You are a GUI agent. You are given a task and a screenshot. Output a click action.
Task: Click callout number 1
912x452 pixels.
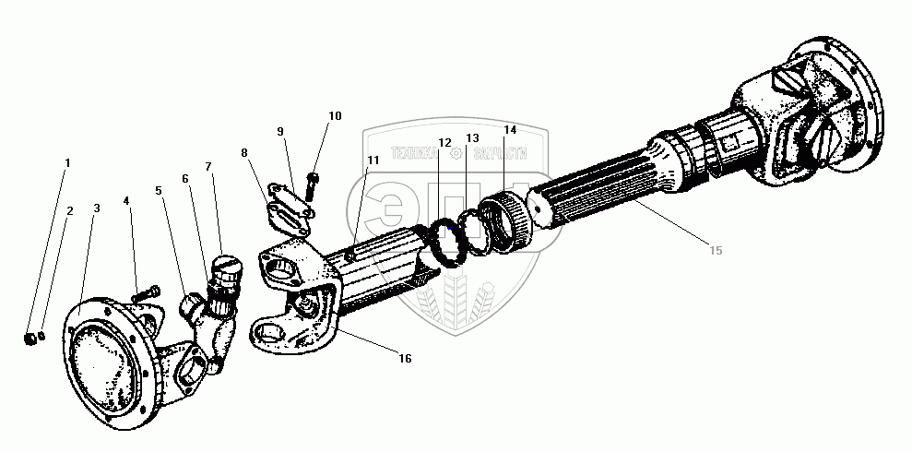coord(66,163)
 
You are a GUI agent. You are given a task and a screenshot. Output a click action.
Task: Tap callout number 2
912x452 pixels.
coord(69,210)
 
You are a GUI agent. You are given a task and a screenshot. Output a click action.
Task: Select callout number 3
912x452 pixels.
coord(96,208)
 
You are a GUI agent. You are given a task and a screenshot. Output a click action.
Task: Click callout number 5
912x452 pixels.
coord(159,191)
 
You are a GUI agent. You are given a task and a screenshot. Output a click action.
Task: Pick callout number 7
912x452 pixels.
coord(208,167)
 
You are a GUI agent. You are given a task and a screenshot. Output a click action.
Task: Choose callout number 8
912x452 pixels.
coord(244,153)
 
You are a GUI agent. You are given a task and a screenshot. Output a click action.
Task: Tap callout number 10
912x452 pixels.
coord(334,116)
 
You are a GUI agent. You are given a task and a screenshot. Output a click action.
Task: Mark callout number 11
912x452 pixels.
coord(373,161)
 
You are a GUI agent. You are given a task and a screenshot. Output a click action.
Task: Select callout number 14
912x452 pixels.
coord(510,130)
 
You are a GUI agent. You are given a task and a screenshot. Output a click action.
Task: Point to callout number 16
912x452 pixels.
coord(405,357)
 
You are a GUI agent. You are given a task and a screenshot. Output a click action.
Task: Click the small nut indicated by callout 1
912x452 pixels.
coord(30,340)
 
